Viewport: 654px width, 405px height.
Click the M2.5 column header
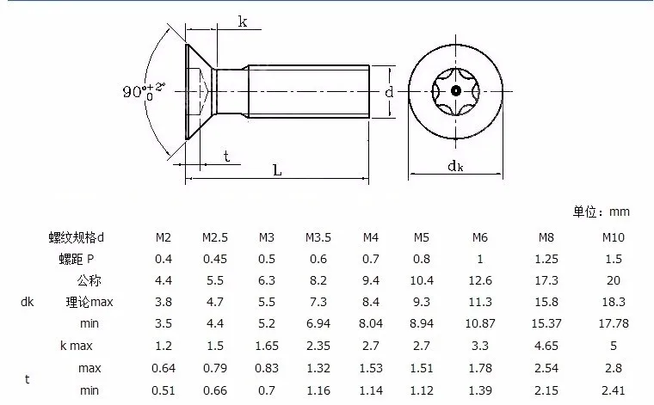[x=215, y=237]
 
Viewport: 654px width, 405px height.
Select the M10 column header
[x=613, y=237]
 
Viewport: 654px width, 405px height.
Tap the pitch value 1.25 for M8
[x=546, y=259]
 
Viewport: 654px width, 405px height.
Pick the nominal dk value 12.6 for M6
[x=480, y=280]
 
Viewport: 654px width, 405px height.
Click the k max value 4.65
[x=546, y=346]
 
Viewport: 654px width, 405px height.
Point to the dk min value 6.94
[x=318, y=323]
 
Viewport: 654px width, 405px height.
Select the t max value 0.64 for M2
[x=163, y=368]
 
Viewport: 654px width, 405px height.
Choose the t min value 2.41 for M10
[x=613, y=391]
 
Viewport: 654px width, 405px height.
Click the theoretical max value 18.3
[x=614, y=302]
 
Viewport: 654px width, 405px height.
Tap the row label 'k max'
[x=77, y=346]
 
